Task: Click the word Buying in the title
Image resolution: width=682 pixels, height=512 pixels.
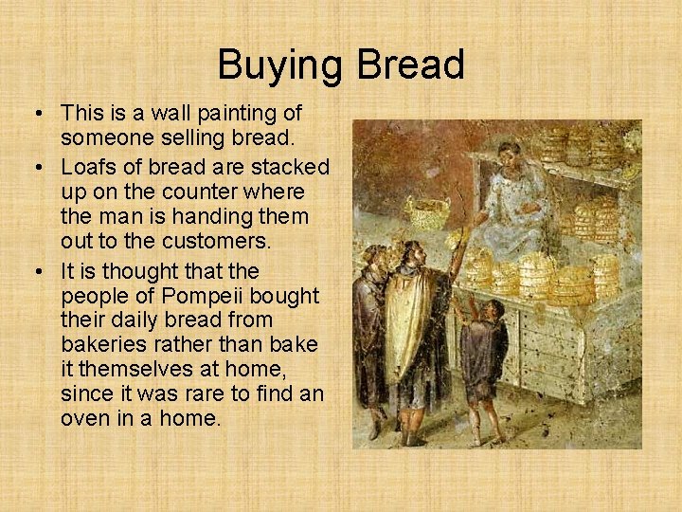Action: tap(281, 65)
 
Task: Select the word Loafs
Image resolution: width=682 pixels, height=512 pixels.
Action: tap(86, 168)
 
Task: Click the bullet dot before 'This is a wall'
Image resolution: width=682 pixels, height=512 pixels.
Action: tap(38, 114)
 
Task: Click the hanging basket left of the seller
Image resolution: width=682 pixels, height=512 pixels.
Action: tap(426, 211)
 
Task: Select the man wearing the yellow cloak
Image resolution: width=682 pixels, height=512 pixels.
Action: tap(417, 322)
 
